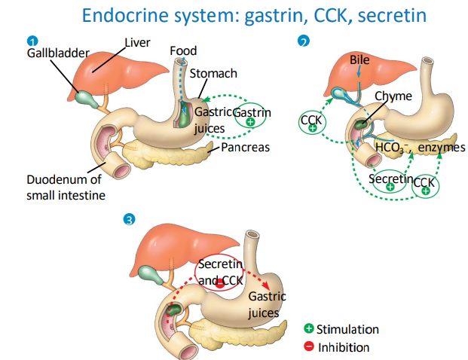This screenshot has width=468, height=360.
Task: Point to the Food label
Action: tap(183, 51)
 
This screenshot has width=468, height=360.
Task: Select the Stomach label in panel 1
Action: tap(213, 73)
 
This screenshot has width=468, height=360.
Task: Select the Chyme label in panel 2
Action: tap(393, 96)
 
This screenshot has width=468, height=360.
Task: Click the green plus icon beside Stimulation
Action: tap(309, 329)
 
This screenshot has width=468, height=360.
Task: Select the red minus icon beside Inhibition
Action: tap(309, 347)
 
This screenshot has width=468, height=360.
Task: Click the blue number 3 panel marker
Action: tap(130, 219)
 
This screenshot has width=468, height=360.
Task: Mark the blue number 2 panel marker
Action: tap(303, 42)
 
